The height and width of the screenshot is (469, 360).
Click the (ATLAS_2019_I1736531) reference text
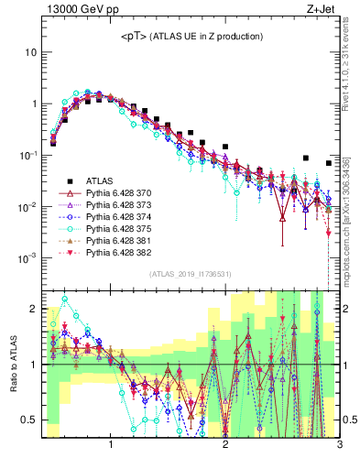[x=191, y=273]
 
